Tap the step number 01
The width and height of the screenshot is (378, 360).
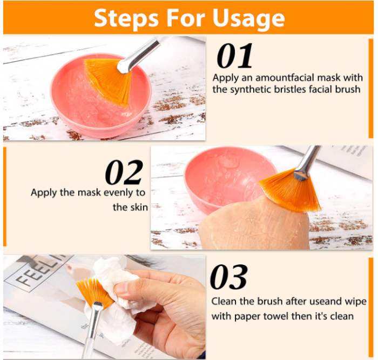[x=234, y=56]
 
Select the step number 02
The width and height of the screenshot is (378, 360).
[x=124, y=172]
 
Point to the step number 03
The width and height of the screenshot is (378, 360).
[x=229, y=277]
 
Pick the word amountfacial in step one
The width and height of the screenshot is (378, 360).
[x=285, y=78]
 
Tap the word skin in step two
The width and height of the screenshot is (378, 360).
[x=139, y=207]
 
